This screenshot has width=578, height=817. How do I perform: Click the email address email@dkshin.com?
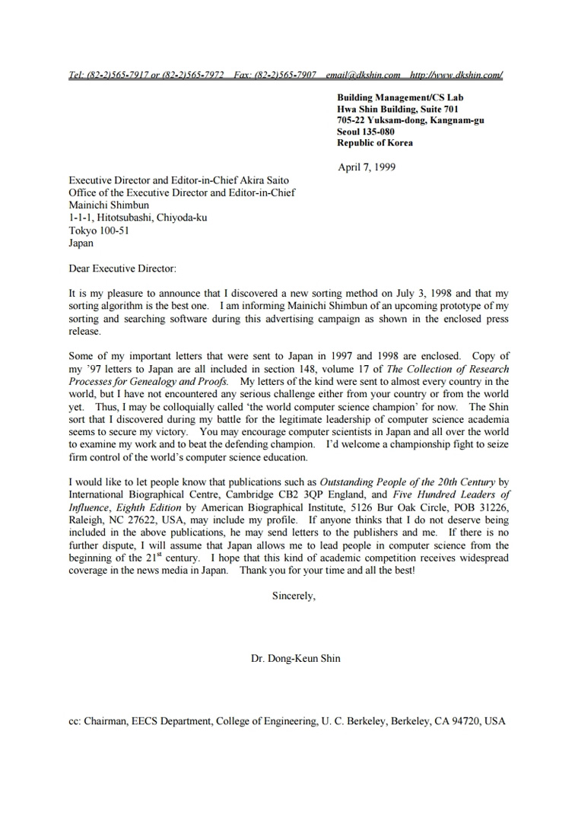pyautogui.click(x=363, y=75)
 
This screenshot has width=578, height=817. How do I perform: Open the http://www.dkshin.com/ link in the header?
pyautogui.click(x=456, y=75)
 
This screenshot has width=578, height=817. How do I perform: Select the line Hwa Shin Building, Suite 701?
pyautogui.click(x=396, y=109)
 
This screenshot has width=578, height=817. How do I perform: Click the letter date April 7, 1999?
pyautogui.click(x=366, y=167)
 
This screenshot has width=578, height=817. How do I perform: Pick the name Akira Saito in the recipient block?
pyautogui.click(x=261, y=180)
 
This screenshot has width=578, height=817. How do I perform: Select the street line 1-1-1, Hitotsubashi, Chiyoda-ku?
pyautogui.click(x=138, y=218)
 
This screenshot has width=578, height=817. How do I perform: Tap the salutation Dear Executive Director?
pyautogui.click(x=122, y=269)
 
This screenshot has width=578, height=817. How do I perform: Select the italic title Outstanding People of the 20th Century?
pyautogui.click(x=407, y=482)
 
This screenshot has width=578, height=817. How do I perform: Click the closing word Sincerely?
pyautogui.click(x=294, y=596)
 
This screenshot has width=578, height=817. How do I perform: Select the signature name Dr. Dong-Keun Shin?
pyautogui.click(x=295, y=659)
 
